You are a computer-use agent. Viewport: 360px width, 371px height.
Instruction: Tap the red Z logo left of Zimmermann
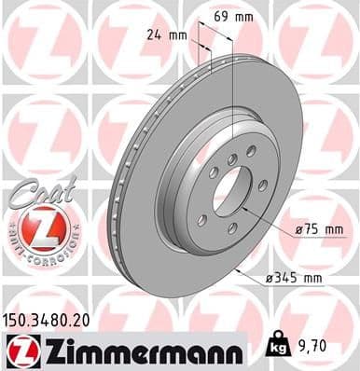pos(19,350)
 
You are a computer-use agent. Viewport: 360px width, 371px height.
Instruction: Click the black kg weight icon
pos(277,347)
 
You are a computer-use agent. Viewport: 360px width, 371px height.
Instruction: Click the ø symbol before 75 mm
pos(298,228)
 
